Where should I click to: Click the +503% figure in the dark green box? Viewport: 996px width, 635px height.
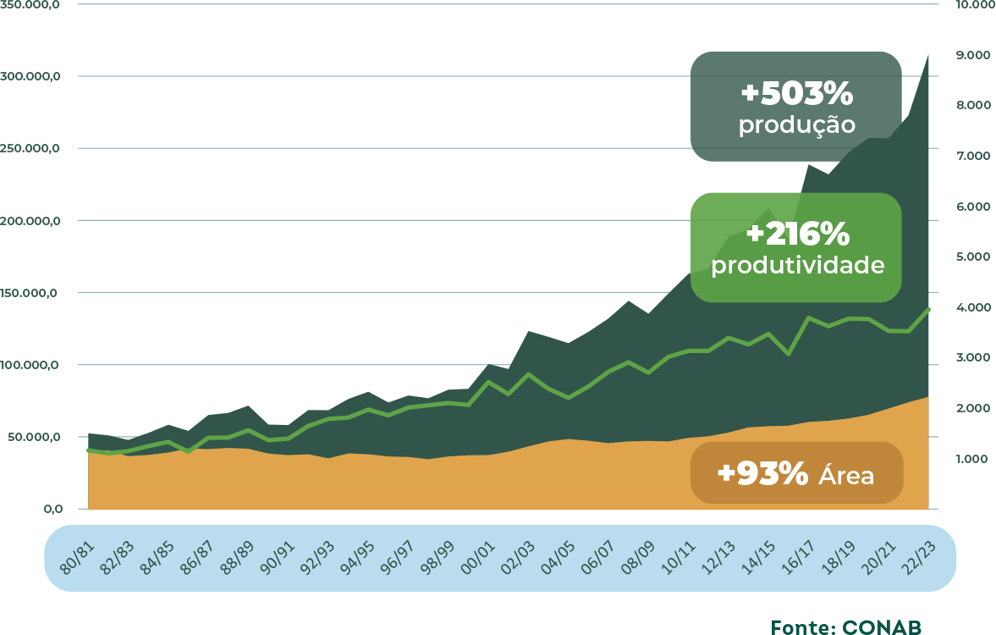(796, 92)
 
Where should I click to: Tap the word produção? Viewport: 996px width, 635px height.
(796, 126)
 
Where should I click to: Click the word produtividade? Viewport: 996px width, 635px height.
(797, 265)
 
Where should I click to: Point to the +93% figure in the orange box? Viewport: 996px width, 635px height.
(762, 473)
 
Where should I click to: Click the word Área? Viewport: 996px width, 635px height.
(846, 476)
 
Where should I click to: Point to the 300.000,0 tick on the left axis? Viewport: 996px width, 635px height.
(32, 76)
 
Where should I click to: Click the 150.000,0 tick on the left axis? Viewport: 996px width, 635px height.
(32, 293)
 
